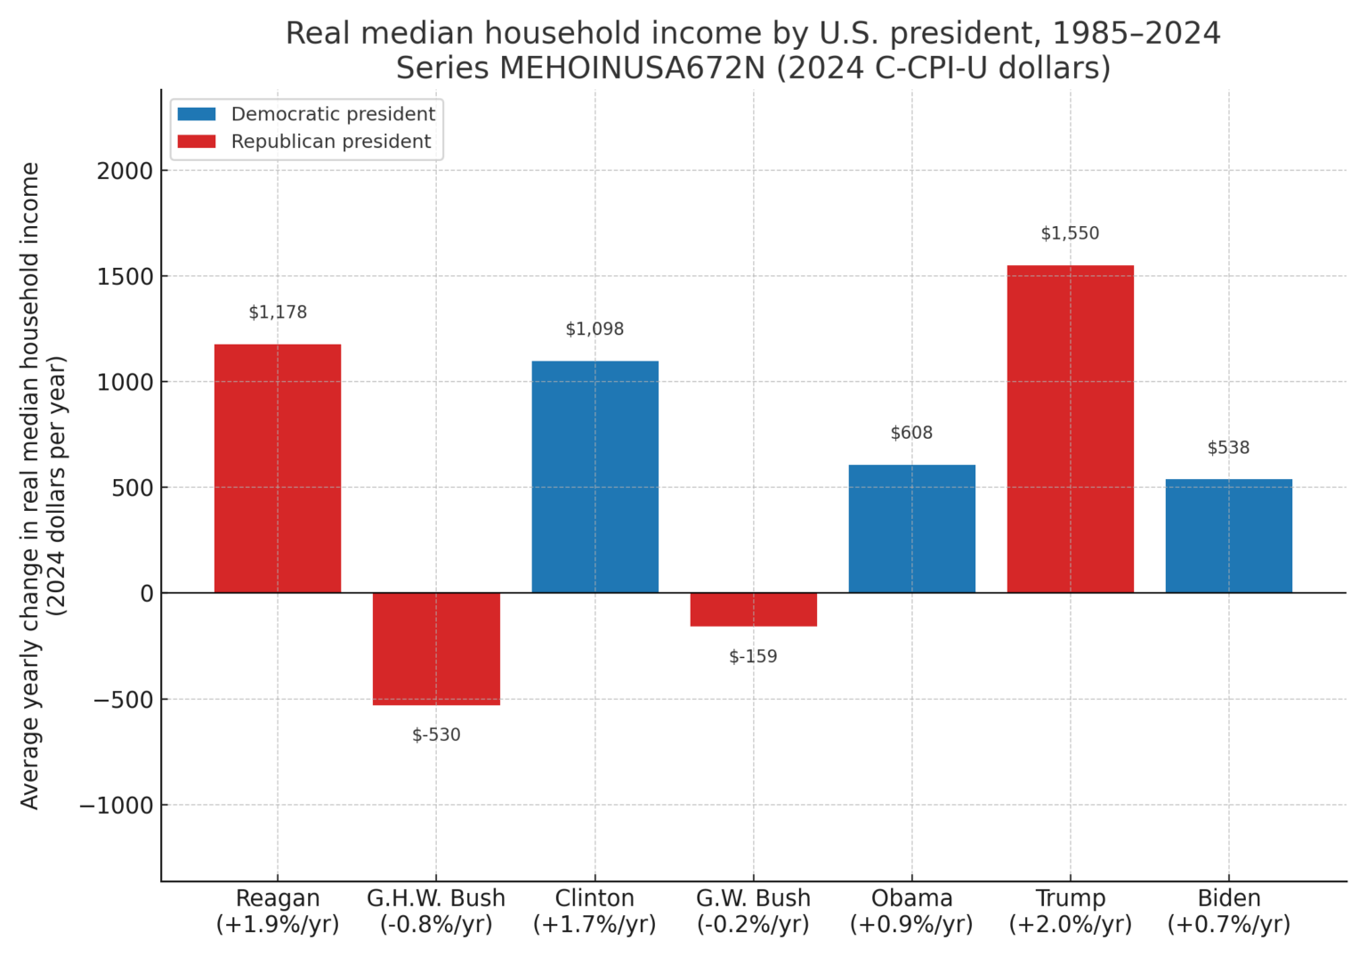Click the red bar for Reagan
pyautogui.click(x=278, y=468)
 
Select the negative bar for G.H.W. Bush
pyautogui.click(x=436, y=649)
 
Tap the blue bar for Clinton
pyautogui.click(x=595, y=476)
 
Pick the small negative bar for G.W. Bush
pyautogui.click(x=753, y=610)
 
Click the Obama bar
pyautogui.click(x=911, y=529)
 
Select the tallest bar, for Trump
pyautogui.click(x=1070, y=429)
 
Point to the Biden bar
pyautogui.click(x=1228, y=536)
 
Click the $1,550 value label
pyautogui.click(x=1070, y=233)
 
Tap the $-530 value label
pyautogui.click(x=436, y=734)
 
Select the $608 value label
pyautogui.click(x=911, y=433)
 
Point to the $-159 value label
pyautogui.click(x=753, y=656)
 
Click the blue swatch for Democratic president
pyautogui.click(x=197, y=114)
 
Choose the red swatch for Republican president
pyautogui.click(x=197, y=142)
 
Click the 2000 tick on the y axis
pyautogui.click(x=125, y=171)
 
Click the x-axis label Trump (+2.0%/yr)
pyautogui.click(x=1070, y=911)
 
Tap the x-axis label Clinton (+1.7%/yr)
pyautogui.click(x=595, y=911)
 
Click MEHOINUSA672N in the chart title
pyautogui.click(x=632, y=68)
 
